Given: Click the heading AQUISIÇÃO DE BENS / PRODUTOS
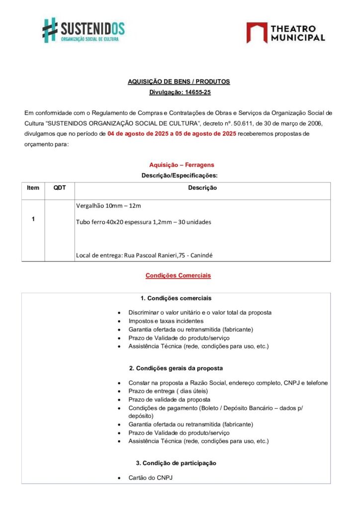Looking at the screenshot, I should [179, 82].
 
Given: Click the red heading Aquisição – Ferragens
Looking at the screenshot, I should [181, 165].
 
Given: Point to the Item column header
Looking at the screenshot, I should [33, 188].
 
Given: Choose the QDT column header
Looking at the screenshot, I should [59, 188].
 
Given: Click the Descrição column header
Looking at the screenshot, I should [202, 188].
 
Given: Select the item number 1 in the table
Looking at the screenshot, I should [33, 219].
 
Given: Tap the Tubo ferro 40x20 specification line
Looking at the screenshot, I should [143, 222].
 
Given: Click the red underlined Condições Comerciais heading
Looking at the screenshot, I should [178, 275].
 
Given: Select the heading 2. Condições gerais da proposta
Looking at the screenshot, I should [176, 368].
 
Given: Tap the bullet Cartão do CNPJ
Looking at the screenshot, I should [150, 478].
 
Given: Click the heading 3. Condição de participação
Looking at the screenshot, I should [176, 463].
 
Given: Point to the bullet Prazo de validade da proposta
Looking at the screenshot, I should [169, 400].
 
